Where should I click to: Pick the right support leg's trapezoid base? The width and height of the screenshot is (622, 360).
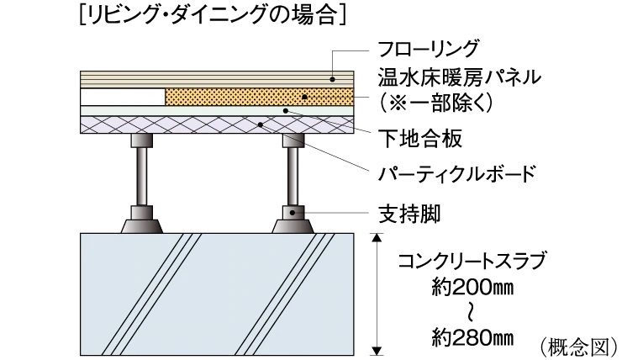(x=294, y=225)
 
